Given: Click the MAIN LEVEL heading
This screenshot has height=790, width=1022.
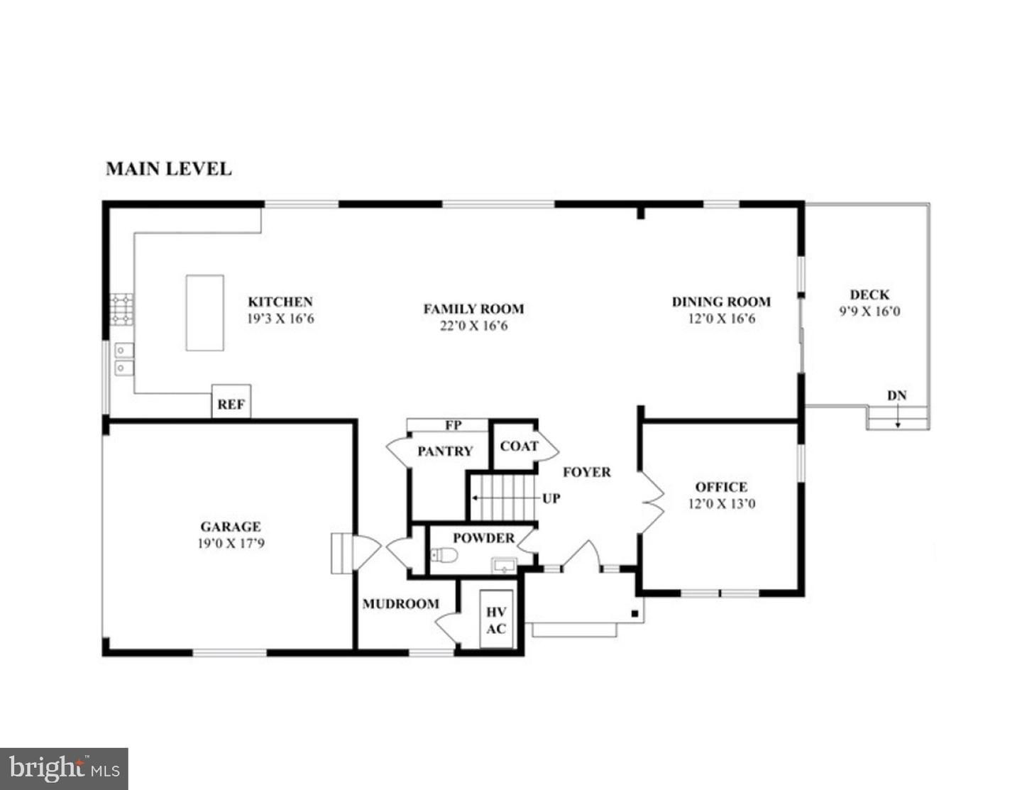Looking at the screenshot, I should click(168, 169).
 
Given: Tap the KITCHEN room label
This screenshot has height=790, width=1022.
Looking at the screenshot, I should click(280, 302).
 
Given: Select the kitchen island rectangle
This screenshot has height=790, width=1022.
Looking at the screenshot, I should click(204, 312).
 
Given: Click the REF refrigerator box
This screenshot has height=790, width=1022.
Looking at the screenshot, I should click(231, 403).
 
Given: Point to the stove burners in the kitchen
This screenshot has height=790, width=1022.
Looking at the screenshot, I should click(121, 309).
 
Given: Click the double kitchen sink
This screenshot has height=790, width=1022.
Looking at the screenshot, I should click(124, 358).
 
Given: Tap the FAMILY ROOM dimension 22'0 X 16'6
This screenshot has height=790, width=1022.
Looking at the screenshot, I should click(473, 327).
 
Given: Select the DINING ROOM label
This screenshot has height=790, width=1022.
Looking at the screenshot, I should click(721, 302).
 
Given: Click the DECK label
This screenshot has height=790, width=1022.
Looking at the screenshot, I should click(869, 295).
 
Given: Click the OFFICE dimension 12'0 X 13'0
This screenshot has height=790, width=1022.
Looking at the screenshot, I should click(721, 504).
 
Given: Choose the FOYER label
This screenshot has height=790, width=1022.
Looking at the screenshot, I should click(586, 472).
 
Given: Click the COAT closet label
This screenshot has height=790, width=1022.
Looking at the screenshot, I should click(519, 446).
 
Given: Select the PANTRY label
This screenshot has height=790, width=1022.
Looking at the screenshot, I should click(445, 451).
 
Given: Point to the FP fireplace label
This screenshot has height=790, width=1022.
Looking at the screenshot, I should click(453, 425).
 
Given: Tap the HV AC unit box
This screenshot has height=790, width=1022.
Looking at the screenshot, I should click(496, 620).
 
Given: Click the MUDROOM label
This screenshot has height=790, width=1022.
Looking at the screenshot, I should click(400, 604).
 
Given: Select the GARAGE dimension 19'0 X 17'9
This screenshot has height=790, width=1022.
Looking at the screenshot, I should click(231, 544).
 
